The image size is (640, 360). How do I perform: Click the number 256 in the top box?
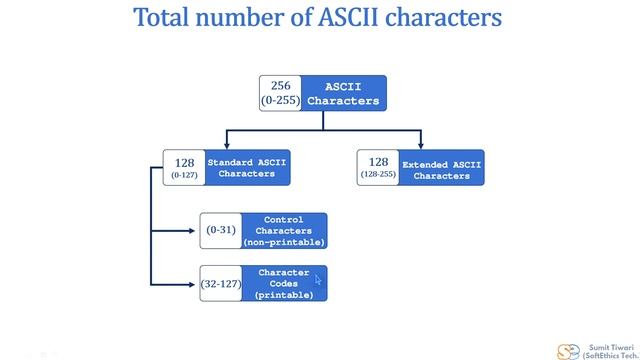pos(280,86)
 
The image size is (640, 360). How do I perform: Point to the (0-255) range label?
pos(280,101)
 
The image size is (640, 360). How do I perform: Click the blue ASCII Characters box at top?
pos(343,93)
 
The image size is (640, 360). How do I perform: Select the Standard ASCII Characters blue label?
pos(246,167)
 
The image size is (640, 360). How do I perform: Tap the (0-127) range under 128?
pos(183,175)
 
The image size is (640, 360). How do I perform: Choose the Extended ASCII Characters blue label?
pos(441,169)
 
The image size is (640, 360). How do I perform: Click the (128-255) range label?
pos(378,176)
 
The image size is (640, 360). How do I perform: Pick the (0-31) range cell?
pos(220,230)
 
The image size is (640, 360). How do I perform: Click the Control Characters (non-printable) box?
pos(284,230)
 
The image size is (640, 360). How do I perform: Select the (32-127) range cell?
pos(220,284)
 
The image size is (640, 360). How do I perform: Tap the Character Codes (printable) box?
pos(284,283)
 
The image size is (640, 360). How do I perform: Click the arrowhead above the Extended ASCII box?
pos(420,145)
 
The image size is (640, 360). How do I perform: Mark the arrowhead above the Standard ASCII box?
pos(226,145)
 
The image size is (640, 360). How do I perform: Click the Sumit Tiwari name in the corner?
pos(607,342)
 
